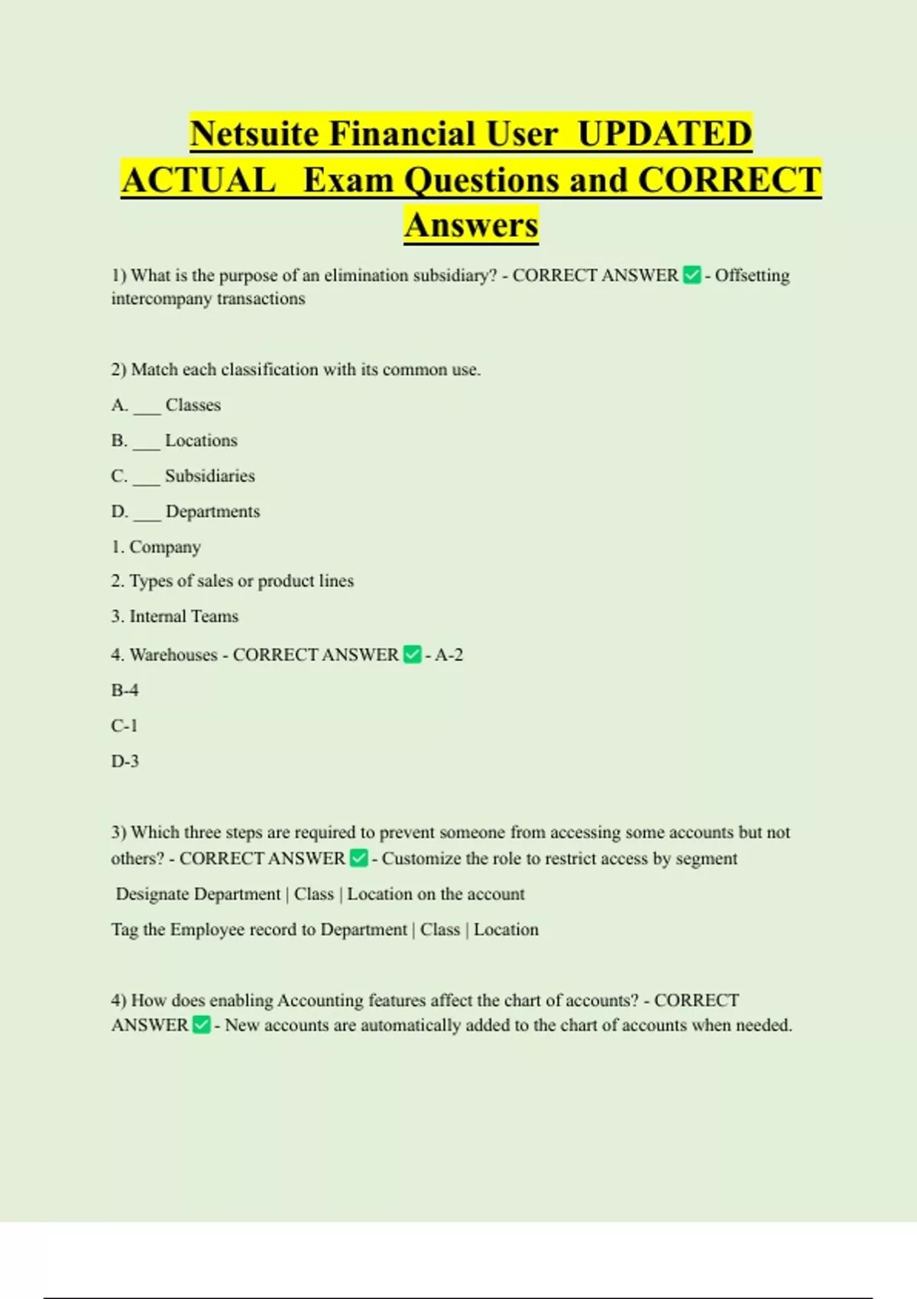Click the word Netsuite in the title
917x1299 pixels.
pyautogui.click(x=254, y=134)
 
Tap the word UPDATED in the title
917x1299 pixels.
pyautogui.click(x=665, y=134)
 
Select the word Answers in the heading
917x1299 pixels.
pyautogui.click(x=471, y=225)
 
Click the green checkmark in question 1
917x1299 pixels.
pyautogui.click(x=692, y=275)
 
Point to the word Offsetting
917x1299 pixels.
pyautogui.click(x=752, y=275)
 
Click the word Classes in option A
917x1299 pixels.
pyautogui.click(x=193, y=405)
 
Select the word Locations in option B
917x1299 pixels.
pyautogui.click(x=201, y=441)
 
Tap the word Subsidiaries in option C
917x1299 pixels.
pyautogui.click(x=209, y=476)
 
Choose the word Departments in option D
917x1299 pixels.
pyautogui.click(x=212, y=512)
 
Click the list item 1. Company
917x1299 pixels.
pyautogui.click(x=156, y=547)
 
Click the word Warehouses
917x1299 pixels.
pyautogui.click(x=173, y=655)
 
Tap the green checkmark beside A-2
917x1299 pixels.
pyautogui.click(x=412, y=655)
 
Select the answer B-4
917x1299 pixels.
pyautogui.click(x=125, y=691)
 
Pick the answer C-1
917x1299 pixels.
pyautogui.click(x=124, y=726)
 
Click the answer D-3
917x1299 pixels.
pyautogui.click(x=125, y=761)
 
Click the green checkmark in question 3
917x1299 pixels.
pyautogui.click(x=358, y=859)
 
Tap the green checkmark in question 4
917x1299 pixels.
pyautogui.click(x=201, y=1025)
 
